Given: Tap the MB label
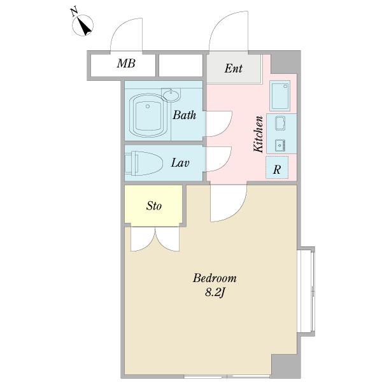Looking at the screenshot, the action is [126, 63].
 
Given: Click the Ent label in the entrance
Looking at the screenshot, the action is [234, 69].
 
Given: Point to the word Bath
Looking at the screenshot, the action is [185, 115].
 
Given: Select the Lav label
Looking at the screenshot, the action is [180, 163].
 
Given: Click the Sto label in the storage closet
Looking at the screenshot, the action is [153, 206].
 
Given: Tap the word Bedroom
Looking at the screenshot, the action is [215, 278].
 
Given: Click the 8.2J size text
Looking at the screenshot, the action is [215, 292].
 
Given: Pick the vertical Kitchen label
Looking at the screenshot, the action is [258, 134].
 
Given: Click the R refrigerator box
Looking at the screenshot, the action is [277, 167].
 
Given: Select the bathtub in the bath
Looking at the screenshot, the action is [148, 115].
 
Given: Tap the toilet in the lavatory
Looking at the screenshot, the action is [144, 163].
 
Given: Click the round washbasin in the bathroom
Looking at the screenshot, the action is [171, 94].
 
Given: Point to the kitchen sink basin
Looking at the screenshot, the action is [280, 123].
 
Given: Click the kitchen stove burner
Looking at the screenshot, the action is [280, 145].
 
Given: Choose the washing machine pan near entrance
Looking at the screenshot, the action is [280, 95].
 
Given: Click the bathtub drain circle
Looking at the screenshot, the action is [148, 106].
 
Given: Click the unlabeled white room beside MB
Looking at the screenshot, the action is [181, 66].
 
